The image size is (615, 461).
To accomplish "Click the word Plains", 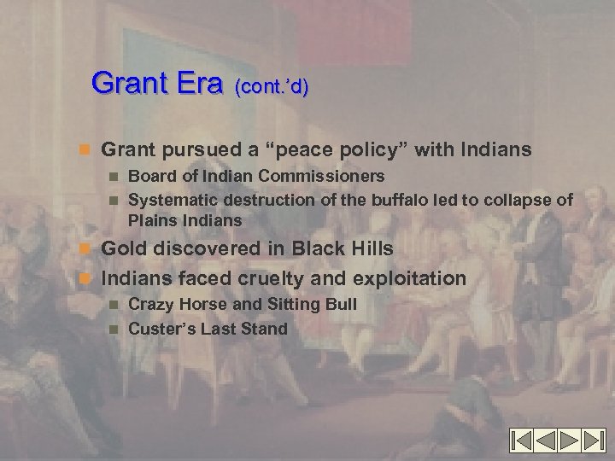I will point(149,220).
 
